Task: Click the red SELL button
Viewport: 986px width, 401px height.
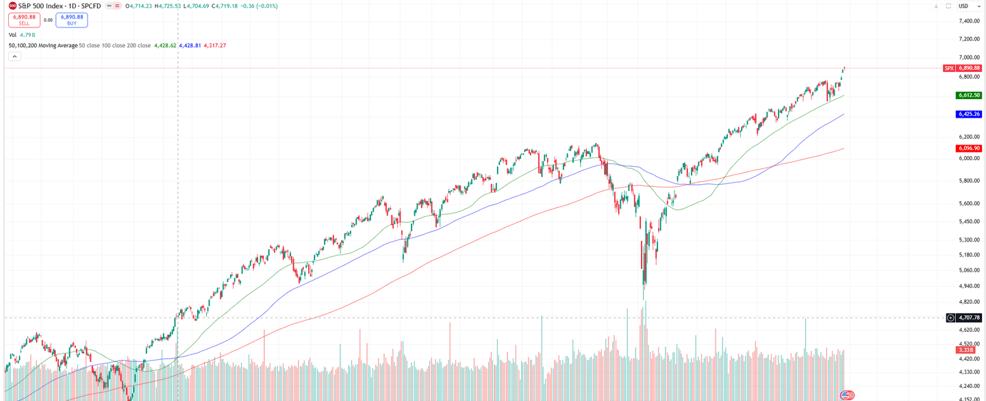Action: pyautogui.click(x=24, y=20)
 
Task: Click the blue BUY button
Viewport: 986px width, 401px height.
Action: pyautogui.click(x=71, y=20)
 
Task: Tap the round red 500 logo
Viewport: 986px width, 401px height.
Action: pyautogui.click(x=12, y=5)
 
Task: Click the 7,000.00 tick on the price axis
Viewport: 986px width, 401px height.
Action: pyautogui.click(x=970, y=57)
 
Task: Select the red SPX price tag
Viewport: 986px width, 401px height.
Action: pyautogui.click(x=949, y=68)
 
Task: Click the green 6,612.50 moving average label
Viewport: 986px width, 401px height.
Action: pyautogui.click(x=969, y=95)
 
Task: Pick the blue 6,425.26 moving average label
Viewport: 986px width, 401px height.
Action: pyautogui.click(x=969, y=114)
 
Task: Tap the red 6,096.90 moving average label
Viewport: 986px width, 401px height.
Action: pyautogui.click(x=969, y=148)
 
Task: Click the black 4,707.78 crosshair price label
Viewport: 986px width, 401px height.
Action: pyautogui.click(x=969, y=318)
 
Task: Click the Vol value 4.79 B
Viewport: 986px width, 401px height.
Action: pyautogui.click(x=27, y=34)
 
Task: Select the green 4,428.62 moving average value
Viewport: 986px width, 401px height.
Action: pyautogui.click(x=165, y=46)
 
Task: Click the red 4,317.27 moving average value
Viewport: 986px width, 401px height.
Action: pyautogui.click(x=215, y=46)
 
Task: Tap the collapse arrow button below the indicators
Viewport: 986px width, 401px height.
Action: pyautogui.click(x=14, y=57)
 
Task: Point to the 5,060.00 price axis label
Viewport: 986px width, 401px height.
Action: pyautogui.click(x=970, y=270)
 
